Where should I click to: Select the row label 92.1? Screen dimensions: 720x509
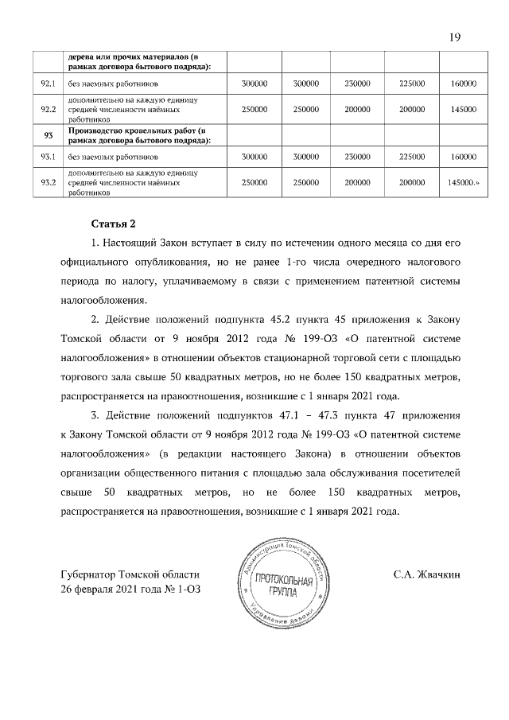point(48,83)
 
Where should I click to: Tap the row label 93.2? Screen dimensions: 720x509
point(48,183)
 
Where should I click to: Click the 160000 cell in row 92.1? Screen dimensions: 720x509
point(463,83)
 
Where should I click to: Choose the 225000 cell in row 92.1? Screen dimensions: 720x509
point(410,83)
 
